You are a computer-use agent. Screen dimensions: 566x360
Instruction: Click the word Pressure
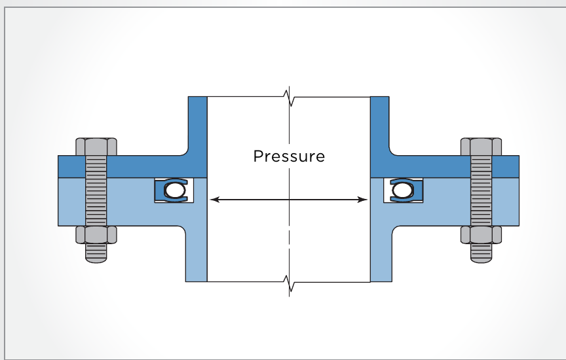tap(289, 156)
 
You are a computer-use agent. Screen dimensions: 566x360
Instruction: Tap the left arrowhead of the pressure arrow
tap(214, 200)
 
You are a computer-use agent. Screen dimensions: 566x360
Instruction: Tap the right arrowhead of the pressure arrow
tap(363, 200)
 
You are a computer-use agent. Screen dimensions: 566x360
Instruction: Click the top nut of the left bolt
tap(96, 147)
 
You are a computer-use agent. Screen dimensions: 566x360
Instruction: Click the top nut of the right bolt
tap(481, 147)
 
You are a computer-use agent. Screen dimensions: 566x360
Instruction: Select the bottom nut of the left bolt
tap(96, 235)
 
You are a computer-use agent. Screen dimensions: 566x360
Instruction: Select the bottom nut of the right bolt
tap(481, 235)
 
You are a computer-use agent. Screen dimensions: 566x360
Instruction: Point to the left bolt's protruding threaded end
tap(96, 253)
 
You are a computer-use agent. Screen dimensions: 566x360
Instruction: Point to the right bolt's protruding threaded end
tap(481, 253)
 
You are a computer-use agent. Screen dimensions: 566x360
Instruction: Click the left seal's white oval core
tap(175, 190)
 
